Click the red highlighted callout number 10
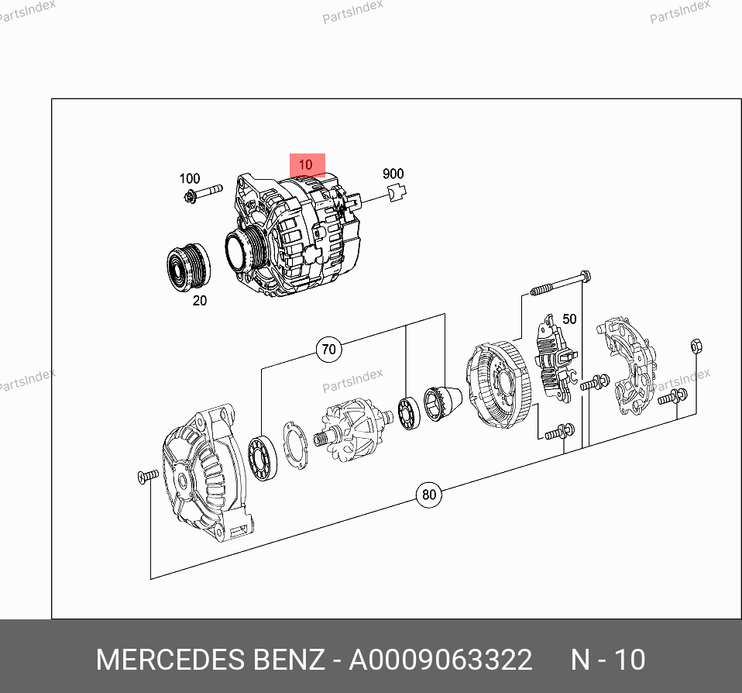point(306,164)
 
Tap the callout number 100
point(189,178)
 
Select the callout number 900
point(393,174)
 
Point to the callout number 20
point(200,300)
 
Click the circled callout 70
point(329,350)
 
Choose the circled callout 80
point(429,495)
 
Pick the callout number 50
point(569,319)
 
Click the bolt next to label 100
point(203,193)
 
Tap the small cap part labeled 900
point(397,192)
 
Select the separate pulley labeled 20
point(189,267)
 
